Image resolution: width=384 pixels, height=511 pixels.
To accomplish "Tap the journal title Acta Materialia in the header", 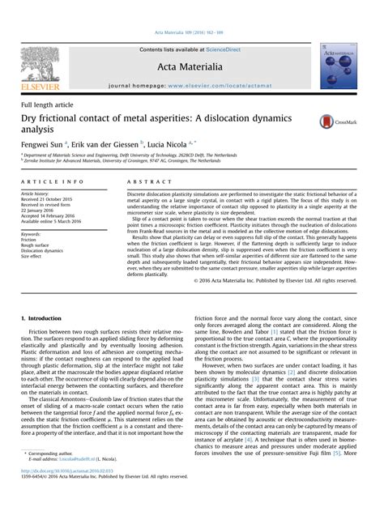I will (191, 66).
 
